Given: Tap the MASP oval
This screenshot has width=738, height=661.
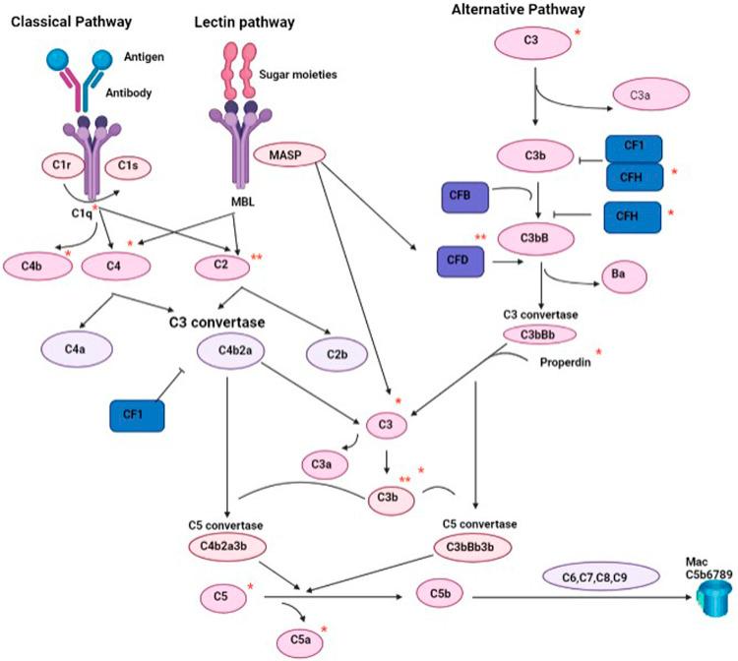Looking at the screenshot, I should coord(278,154).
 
